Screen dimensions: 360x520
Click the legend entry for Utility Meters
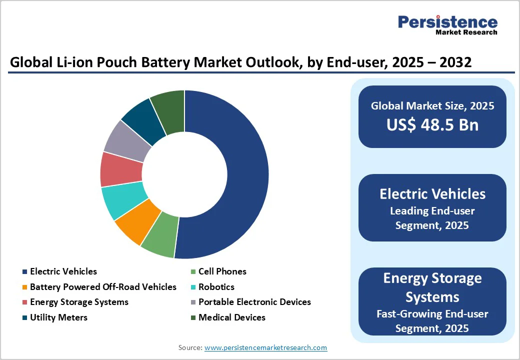click(58, 317)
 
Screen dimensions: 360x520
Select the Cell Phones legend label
click(222, 271)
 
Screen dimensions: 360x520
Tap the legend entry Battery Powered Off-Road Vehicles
click(103, 287)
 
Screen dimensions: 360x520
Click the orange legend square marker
click(24, 287)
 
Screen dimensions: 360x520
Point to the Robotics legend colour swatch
click(192, 287)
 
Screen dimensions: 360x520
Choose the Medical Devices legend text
click(232, 317)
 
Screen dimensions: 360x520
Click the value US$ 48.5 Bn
click(432, 125)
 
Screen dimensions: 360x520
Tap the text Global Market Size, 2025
click(432, 106)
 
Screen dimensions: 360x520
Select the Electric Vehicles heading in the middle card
click(432, 194)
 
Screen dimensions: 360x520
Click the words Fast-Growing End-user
click(432, 314)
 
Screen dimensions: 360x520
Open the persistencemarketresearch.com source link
click(265, 347)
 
